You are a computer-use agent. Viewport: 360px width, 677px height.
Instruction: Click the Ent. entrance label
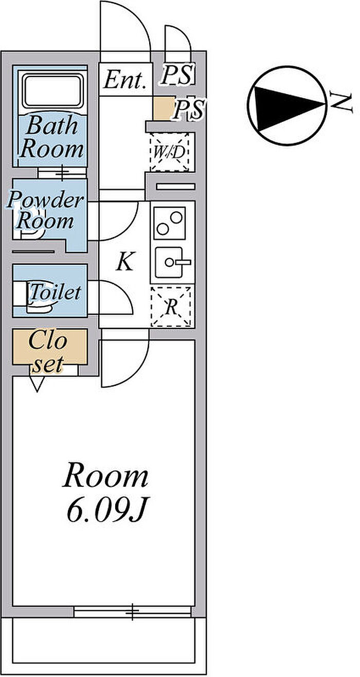click(125, 80)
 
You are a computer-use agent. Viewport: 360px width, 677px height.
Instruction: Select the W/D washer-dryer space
click(170, 152)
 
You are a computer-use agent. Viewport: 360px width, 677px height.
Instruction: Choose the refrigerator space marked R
click(171, 307)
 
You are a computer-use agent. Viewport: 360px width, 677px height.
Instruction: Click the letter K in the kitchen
click(124, 262)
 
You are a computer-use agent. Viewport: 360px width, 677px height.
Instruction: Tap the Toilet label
click(56, 292)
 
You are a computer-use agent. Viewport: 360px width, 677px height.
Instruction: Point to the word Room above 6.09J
click(105, 477)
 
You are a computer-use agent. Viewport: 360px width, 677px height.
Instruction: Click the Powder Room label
click(45, 211)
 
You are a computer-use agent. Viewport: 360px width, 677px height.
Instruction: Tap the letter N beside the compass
click(341, 102)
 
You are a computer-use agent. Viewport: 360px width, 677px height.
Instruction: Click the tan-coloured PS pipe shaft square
click(163, 108)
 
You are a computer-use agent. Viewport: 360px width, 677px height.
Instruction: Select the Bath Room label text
click(51, 137)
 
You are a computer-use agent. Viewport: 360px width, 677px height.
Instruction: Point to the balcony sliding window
click(133, 611)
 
